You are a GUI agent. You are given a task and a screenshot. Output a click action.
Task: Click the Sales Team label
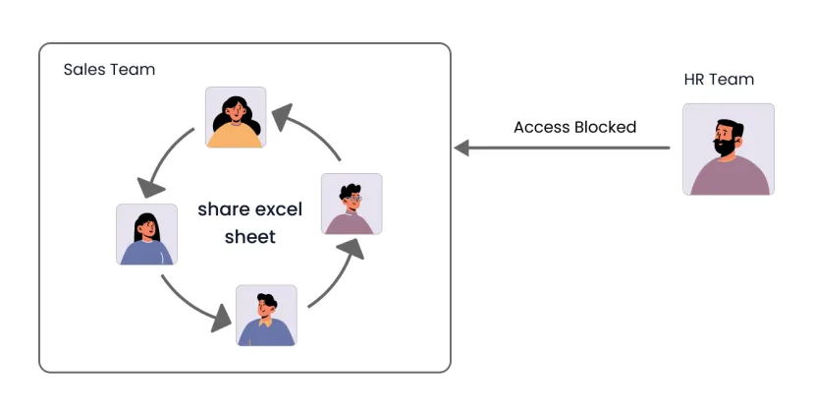[x=109, y=70]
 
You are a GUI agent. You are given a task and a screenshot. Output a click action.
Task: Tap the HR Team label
[x=719, y=80]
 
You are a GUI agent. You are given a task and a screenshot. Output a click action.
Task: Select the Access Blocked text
[x=574, y=127]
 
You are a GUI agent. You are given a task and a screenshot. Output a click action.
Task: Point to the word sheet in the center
[x=249, y=237]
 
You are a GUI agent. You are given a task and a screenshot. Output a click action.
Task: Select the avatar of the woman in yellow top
[x=236, y=117]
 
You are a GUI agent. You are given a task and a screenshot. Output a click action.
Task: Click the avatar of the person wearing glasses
[x=352, y=204]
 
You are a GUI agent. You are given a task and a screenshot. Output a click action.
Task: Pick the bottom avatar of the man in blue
[x=266, y=316]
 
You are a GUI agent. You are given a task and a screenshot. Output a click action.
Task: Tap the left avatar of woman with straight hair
[x=146, y=234]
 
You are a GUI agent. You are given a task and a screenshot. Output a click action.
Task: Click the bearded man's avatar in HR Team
[x=728, y=149]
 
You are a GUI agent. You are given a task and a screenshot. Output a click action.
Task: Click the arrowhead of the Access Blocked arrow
[x=461, y=148]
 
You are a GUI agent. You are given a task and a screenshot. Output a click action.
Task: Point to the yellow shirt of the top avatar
[x=236, y=136]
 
